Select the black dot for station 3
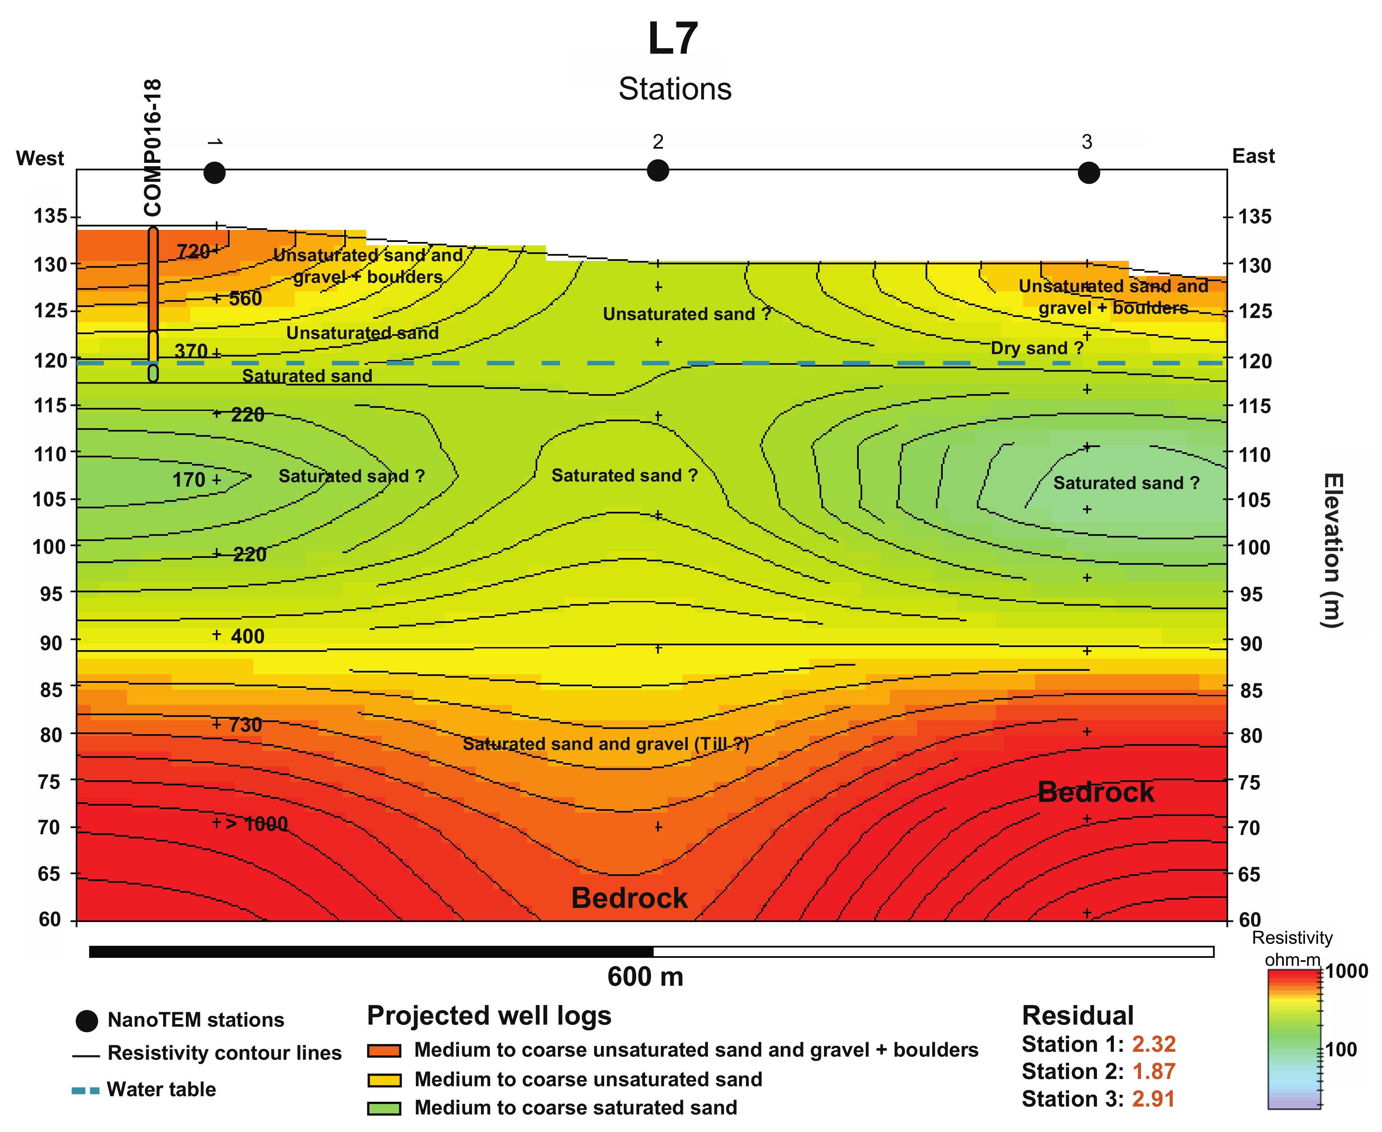tap(1088, 173)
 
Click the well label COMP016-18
tap(152, 148)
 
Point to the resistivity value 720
tap(192, 251)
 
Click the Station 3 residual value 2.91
tap(1153, 1099)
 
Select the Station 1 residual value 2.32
tap(1153, 1044)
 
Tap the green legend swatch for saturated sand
tap(384, 1108)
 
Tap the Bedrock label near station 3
tap(1096, 792)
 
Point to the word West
tap(40, 158)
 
